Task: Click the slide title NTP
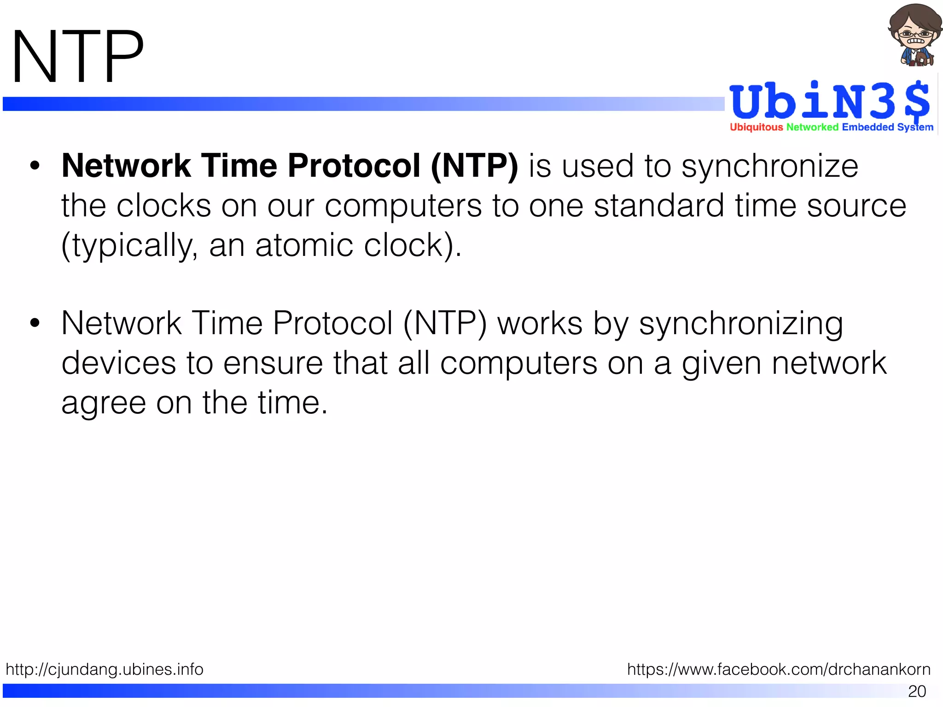[77, 57]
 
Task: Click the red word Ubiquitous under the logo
[756, 127]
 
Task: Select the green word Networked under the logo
[812, 127]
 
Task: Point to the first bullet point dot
[35, 166]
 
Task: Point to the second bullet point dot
[35, 324]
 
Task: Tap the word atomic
[304, 245]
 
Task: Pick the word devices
[119, 363]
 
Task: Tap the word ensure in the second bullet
[273, 363]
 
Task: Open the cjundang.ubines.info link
[105, 669]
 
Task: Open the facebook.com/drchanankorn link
[779, 669]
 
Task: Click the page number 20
[917, 691]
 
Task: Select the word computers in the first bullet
[403, 206]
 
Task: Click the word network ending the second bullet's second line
[829, 363]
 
